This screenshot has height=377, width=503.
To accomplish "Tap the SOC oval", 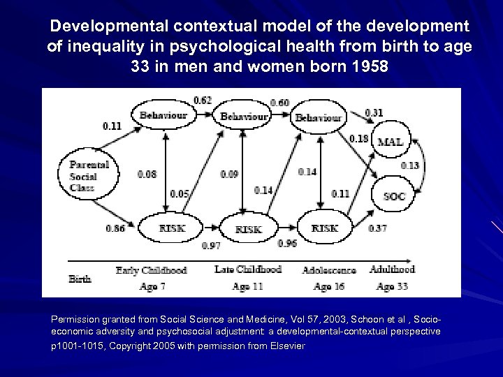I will point(393,197).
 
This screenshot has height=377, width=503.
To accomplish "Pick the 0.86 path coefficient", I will point(116,228).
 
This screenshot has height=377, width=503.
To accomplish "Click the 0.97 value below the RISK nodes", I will point(212,246).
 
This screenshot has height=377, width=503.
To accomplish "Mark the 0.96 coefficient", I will point(287,243).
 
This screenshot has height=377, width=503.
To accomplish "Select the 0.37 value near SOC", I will point(377,229).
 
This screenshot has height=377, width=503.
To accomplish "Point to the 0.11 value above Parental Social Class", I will point(112,126).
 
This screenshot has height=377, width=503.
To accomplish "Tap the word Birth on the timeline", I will point(80,279).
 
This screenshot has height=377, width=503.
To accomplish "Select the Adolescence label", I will point(328,269).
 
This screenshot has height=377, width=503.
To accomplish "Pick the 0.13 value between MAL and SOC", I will point(410,165).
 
